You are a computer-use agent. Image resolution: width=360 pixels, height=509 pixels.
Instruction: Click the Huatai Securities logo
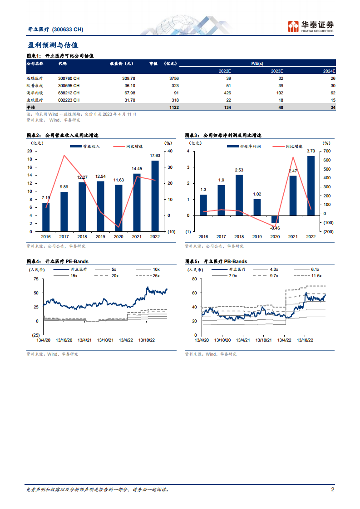[311, 26]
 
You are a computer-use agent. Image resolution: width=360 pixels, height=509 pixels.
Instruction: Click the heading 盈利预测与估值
[53, 45]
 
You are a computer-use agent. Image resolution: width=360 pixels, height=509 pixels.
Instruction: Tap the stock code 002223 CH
[69, 100]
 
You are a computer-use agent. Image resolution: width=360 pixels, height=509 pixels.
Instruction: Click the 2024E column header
[329, 71]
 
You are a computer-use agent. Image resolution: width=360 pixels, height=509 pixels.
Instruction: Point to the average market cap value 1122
[174, 107]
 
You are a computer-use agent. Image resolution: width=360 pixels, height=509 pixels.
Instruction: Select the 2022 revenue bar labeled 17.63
[155, 196]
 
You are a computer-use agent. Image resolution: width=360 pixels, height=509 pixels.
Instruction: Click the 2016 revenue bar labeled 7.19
[46, 217]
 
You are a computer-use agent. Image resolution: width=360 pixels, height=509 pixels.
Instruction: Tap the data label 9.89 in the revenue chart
[64, 187]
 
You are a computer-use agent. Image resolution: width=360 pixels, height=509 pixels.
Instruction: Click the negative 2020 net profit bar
[275, 219]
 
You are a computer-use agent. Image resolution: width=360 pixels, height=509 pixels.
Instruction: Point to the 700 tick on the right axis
[327, 151]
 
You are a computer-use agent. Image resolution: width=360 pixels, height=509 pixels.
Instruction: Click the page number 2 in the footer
[333, 489]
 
